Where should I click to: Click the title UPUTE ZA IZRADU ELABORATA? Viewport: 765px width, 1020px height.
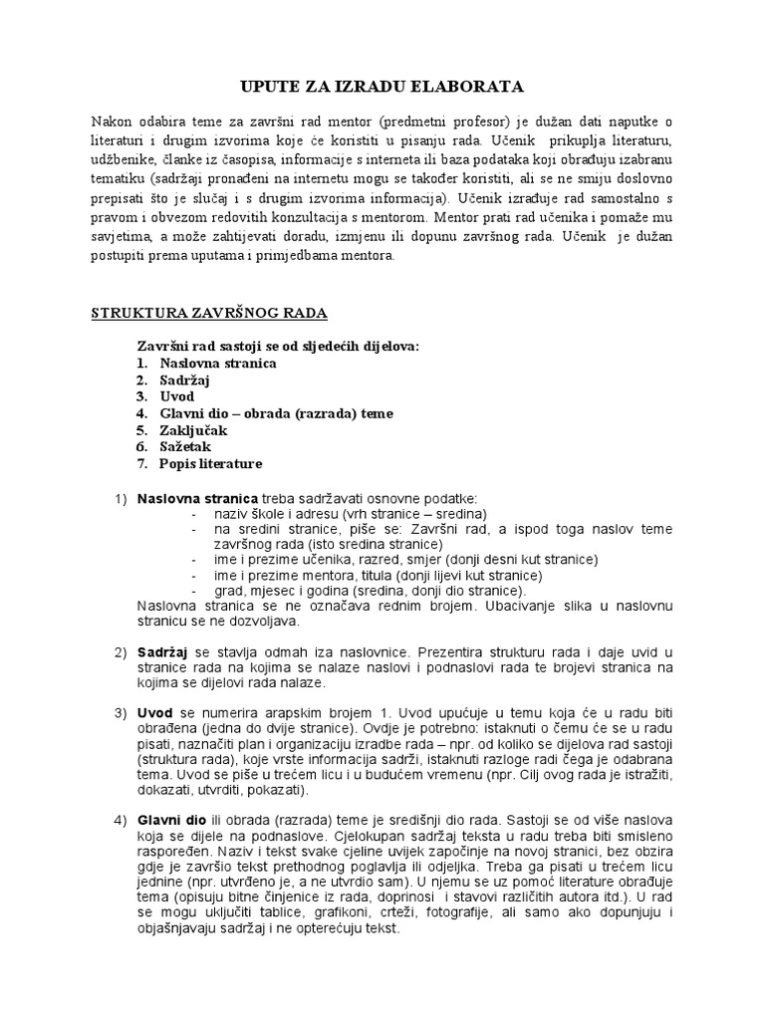tap(382, 87)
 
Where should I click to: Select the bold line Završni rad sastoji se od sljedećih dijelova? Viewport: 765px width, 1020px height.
tap(278, 346)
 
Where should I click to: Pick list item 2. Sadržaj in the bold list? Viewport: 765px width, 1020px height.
tap(171, 381)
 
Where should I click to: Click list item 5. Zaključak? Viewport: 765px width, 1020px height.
tap(181, 430)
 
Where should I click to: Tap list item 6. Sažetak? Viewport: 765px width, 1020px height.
tap(174, 447)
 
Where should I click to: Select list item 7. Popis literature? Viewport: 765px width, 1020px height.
tap(199, 464)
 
